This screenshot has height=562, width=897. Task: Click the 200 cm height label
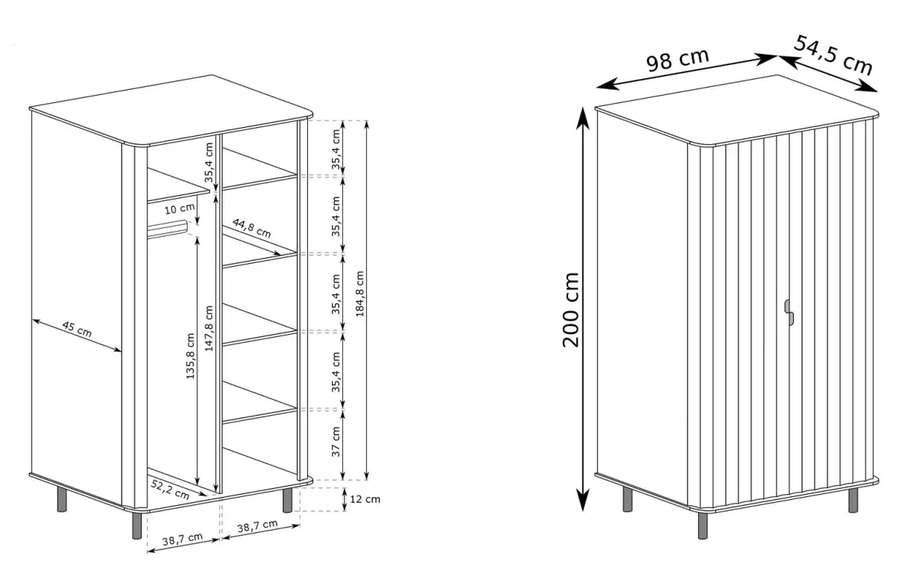pos(571,310)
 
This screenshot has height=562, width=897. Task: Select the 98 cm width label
pos(677,60)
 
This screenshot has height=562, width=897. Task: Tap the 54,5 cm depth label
pos(833,55)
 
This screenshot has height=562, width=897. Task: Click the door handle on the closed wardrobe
pos(789,312)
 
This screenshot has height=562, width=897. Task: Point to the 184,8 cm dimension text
pos(360,294)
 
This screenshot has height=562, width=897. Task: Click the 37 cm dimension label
pos(336,442)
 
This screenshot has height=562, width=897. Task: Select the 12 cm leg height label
pos(365,499)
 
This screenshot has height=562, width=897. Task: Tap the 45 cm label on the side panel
pos(77,329)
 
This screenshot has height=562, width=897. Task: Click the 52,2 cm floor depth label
pos(170,490)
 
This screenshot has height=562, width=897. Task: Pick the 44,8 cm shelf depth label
pos(251,228)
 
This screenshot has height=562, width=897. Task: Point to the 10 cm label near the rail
pos(179,209)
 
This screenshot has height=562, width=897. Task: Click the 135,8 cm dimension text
pos(190,356)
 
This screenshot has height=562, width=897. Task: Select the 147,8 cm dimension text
pos(209,328)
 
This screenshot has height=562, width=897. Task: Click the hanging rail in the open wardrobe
pos(167,229)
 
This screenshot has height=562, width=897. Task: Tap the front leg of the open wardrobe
pos(137,525)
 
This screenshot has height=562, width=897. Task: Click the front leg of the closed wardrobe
pos(703,525)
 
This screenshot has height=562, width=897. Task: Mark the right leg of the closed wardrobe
pos(854,500)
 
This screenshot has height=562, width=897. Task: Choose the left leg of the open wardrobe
pos(62,499)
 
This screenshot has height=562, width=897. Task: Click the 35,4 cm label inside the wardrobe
pos(209,162)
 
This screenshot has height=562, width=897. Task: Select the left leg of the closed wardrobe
pos(628,499)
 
